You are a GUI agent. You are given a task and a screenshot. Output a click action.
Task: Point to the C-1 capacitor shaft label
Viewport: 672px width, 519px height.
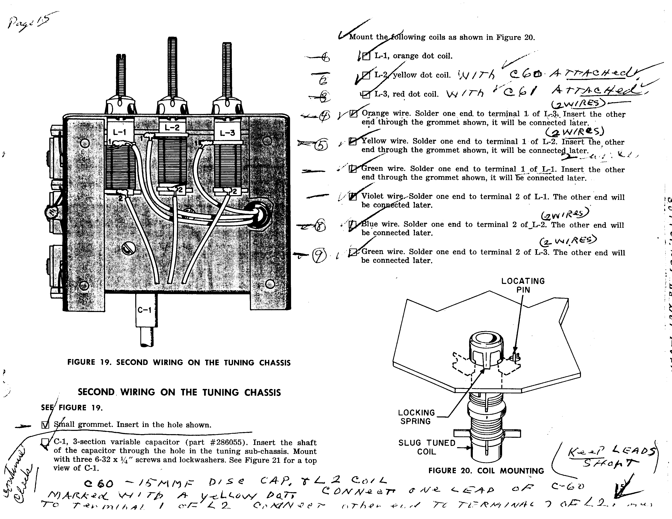[x=144, y=310]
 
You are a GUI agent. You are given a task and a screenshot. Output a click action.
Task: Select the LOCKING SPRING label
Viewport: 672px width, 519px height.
[x=416, y=417]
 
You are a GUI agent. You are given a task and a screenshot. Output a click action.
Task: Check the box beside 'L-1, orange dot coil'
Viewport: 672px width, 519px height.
[x=366, y=56]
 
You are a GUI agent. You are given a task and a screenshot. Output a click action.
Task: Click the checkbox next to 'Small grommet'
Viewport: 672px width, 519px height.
[x=45, y=425]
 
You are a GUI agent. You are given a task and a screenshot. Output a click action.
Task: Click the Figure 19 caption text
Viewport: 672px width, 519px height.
[x=179, y=362]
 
